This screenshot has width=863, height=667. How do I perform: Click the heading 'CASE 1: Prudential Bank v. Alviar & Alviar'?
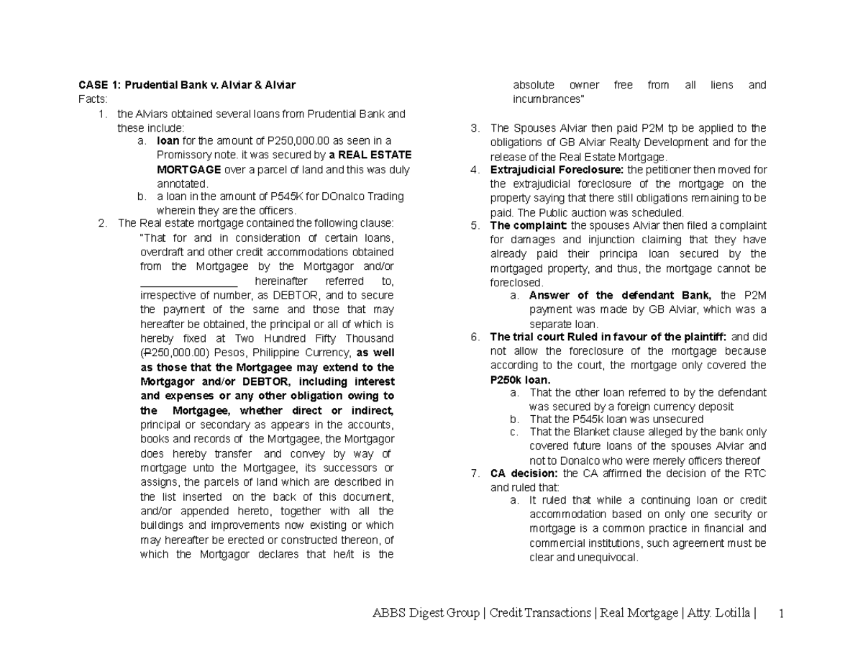click(186, 85)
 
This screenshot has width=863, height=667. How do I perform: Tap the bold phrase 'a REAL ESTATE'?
click(370, 155)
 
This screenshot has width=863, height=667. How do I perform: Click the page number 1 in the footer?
click(780, 613)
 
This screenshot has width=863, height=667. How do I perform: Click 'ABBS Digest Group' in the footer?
click(425, 613)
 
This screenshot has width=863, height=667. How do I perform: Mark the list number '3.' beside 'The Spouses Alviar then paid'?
click(475, 128)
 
